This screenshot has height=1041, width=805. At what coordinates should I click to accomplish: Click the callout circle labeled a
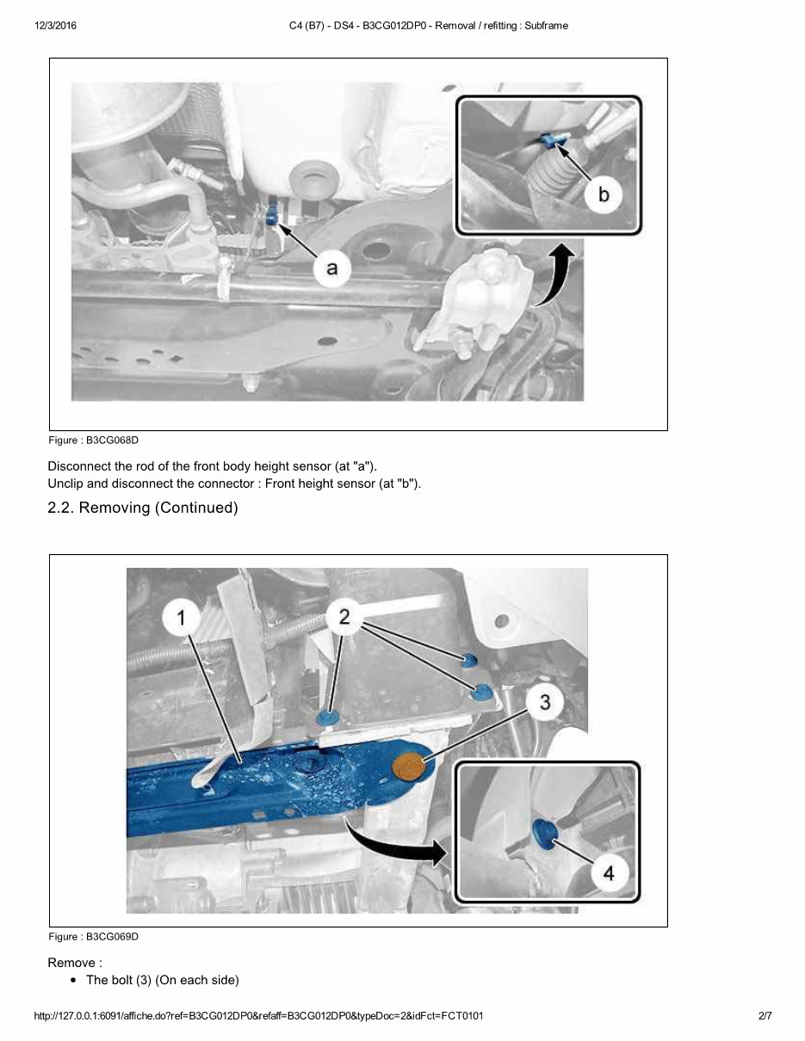pos(332,268)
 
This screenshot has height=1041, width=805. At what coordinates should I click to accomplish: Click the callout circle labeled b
pos(603,194)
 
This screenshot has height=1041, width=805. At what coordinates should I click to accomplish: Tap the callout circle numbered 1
pos(182,618)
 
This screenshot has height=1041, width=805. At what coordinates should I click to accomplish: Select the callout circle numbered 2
pos(344,616)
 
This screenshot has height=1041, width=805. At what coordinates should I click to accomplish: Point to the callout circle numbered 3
pos(544,702)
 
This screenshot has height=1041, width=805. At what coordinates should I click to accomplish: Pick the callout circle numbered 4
pos(608,872)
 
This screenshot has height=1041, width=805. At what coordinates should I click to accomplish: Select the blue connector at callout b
pos(552,140)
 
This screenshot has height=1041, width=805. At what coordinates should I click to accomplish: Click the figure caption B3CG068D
pos(93,440)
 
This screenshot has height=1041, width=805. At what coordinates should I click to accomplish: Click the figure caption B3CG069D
pos(93,937)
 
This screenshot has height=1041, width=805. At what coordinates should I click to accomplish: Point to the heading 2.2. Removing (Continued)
pos(142,508)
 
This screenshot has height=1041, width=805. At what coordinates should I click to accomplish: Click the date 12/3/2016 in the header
pos(56,26)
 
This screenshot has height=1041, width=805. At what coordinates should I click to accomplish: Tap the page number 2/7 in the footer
pos(765,1016)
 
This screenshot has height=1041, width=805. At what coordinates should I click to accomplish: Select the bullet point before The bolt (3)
pos(75,981)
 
